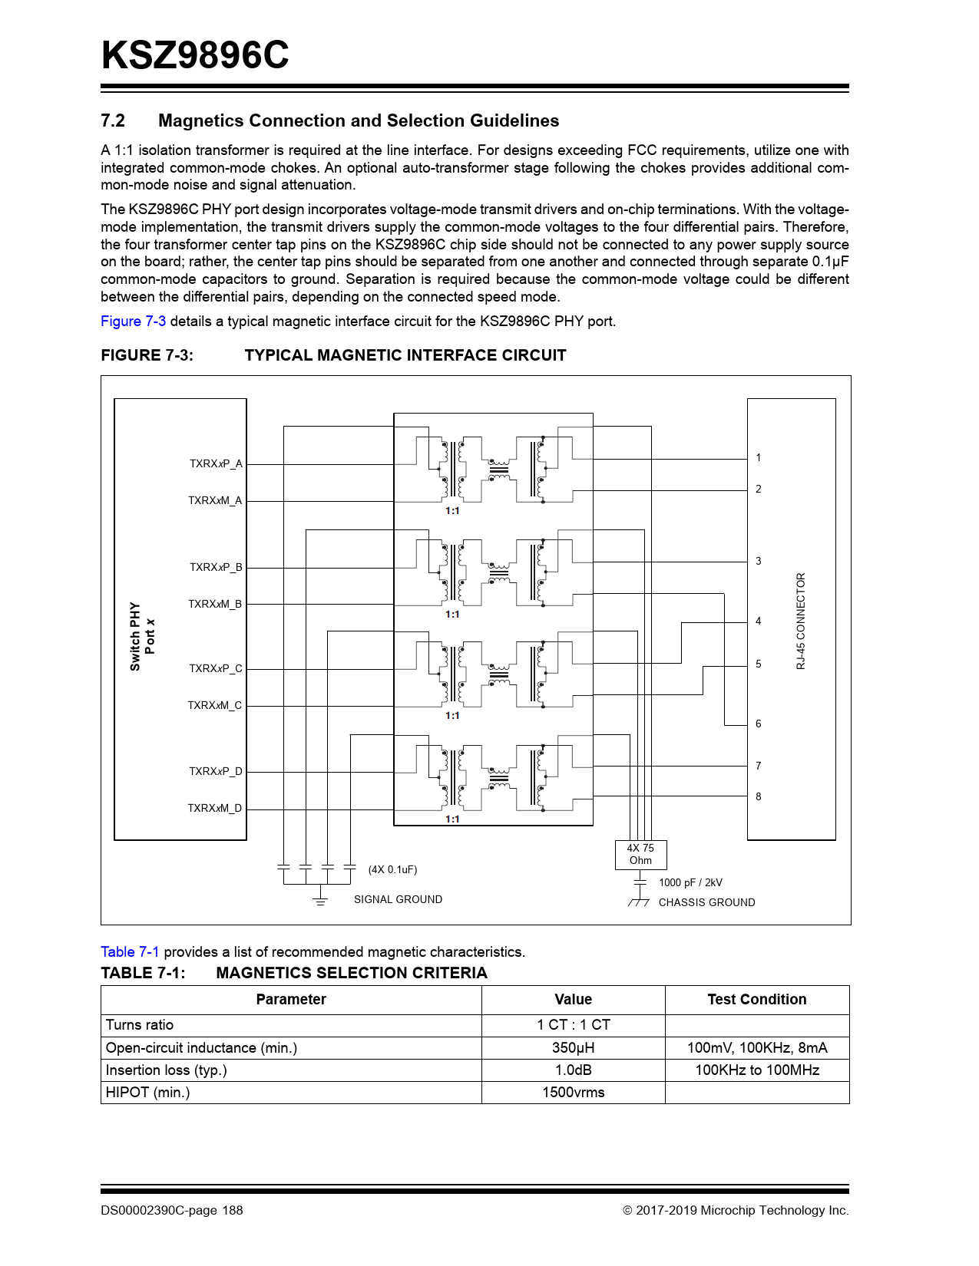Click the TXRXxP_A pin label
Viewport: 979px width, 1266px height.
click(216, 463)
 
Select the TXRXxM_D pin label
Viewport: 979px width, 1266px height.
click(214, 808)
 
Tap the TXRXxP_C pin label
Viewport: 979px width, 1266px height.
click(215, 668)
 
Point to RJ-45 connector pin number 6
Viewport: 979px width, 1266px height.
click(758, 724)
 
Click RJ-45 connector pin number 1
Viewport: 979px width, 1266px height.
click(758, 458)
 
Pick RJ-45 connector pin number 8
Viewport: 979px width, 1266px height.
click(758, 796)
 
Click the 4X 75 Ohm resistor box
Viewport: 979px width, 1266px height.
click(640, 855)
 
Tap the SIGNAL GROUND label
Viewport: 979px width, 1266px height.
click(398, 899)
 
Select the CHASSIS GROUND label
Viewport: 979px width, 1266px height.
click(706, 902)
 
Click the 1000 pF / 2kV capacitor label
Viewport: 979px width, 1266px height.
click(690, 882)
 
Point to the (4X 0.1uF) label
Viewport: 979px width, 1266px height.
click(392, 869)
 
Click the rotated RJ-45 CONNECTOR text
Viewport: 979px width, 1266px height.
click(801, 621)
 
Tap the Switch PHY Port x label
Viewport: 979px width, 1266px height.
click(142, 636)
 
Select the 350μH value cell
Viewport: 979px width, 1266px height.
click(573, 1048)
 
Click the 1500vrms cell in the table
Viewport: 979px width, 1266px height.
click(573, 1093)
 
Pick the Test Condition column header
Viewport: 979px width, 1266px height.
click(756, 999)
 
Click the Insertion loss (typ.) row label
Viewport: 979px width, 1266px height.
click(166, 1070)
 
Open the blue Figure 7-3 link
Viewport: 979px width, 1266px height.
click(133, 321)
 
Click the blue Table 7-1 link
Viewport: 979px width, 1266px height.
click(130, 952)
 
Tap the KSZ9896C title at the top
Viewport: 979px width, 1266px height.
click(195, 55)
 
